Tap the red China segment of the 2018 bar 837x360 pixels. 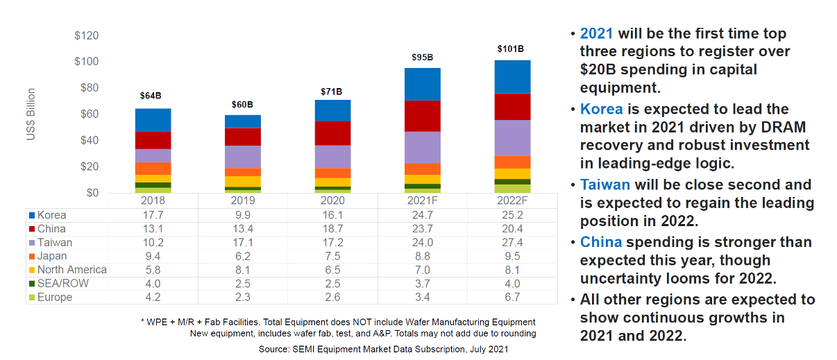(153, 140)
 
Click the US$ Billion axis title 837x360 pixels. (31, 114)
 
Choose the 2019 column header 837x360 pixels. (242, 200)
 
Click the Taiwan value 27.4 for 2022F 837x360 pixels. (512, 243)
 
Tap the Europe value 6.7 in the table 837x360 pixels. (512, 298)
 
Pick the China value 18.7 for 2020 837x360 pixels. (332, 229)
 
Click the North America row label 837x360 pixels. (72, 270)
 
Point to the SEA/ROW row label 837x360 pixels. (63, 284)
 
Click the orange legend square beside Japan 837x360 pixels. (31, 257)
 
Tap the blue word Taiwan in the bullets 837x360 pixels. (605, 185)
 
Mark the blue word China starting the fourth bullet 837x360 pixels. (601, 242)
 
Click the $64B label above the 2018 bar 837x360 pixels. (153, 96)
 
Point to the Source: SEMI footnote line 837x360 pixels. (383, 349)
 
